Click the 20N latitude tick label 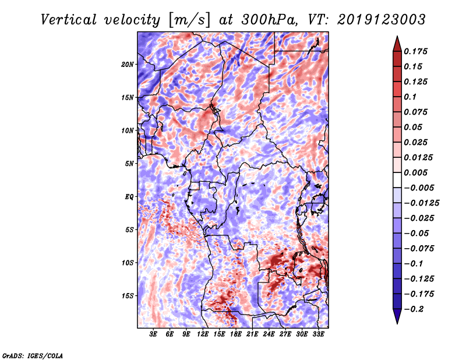[x=128, y=64]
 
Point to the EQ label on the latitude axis [x=129, y=196]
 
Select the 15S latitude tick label [x=128, y=295]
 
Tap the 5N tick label [x=129, y=163]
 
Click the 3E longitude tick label [x=154, y=335]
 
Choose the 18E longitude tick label [x=236, y=335]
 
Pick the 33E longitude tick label [x=319, y=335]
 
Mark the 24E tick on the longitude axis [x=269, y=335]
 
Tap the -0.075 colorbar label [x=419, y=249]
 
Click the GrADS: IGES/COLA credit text [x=32, y=355]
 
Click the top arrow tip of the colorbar [x=396, y=37]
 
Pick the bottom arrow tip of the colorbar [x=396, y=322]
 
